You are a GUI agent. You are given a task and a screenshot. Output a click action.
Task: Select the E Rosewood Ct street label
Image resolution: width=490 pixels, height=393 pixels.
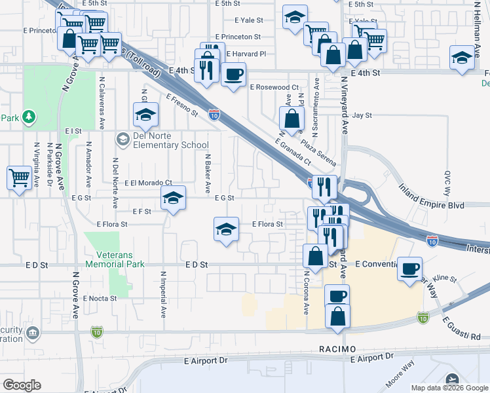pyautogui.click(x=273, y=87)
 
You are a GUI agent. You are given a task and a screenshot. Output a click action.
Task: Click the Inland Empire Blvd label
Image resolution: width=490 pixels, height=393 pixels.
pyautogui.click(x=432, y=205)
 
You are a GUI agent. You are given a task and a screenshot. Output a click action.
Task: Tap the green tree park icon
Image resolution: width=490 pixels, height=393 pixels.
pyautogui.click(x=28, y=117)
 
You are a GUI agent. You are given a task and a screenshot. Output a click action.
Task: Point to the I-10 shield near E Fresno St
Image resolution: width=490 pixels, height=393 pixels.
pyautogui.click(x=214, y=114)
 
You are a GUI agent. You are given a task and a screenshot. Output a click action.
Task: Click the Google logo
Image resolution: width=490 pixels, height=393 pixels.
pyautogui.click(x=22, y=385)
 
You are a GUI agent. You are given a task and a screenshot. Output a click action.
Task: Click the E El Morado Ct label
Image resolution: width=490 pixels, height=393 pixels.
pyautogui.click(x=147, y=183)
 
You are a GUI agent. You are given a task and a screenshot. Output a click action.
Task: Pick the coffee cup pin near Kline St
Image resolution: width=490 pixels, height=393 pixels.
pyautogui.click(x=410, y=269)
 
